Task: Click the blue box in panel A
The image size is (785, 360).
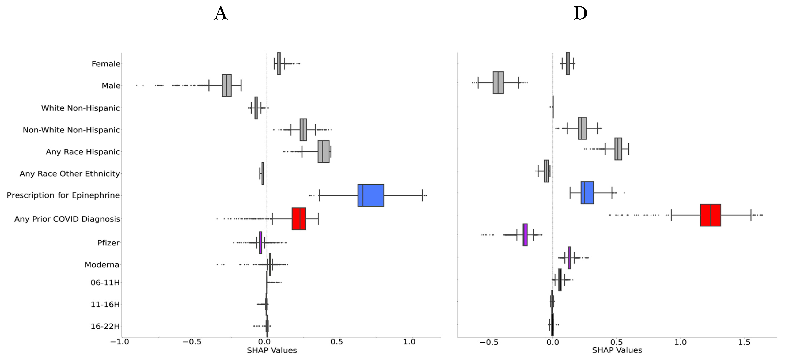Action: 371,195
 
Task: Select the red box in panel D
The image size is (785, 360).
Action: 710,215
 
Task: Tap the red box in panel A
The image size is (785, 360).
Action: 299,219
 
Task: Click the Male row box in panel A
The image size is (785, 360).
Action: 227,85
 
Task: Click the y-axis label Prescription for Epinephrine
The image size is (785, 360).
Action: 63,195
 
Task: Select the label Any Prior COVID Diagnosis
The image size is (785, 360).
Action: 67,219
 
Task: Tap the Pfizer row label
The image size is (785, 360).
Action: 108,243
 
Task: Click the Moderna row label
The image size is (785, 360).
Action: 102,265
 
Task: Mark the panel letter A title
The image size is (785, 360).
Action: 221,14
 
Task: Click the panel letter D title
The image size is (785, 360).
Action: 580,14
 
